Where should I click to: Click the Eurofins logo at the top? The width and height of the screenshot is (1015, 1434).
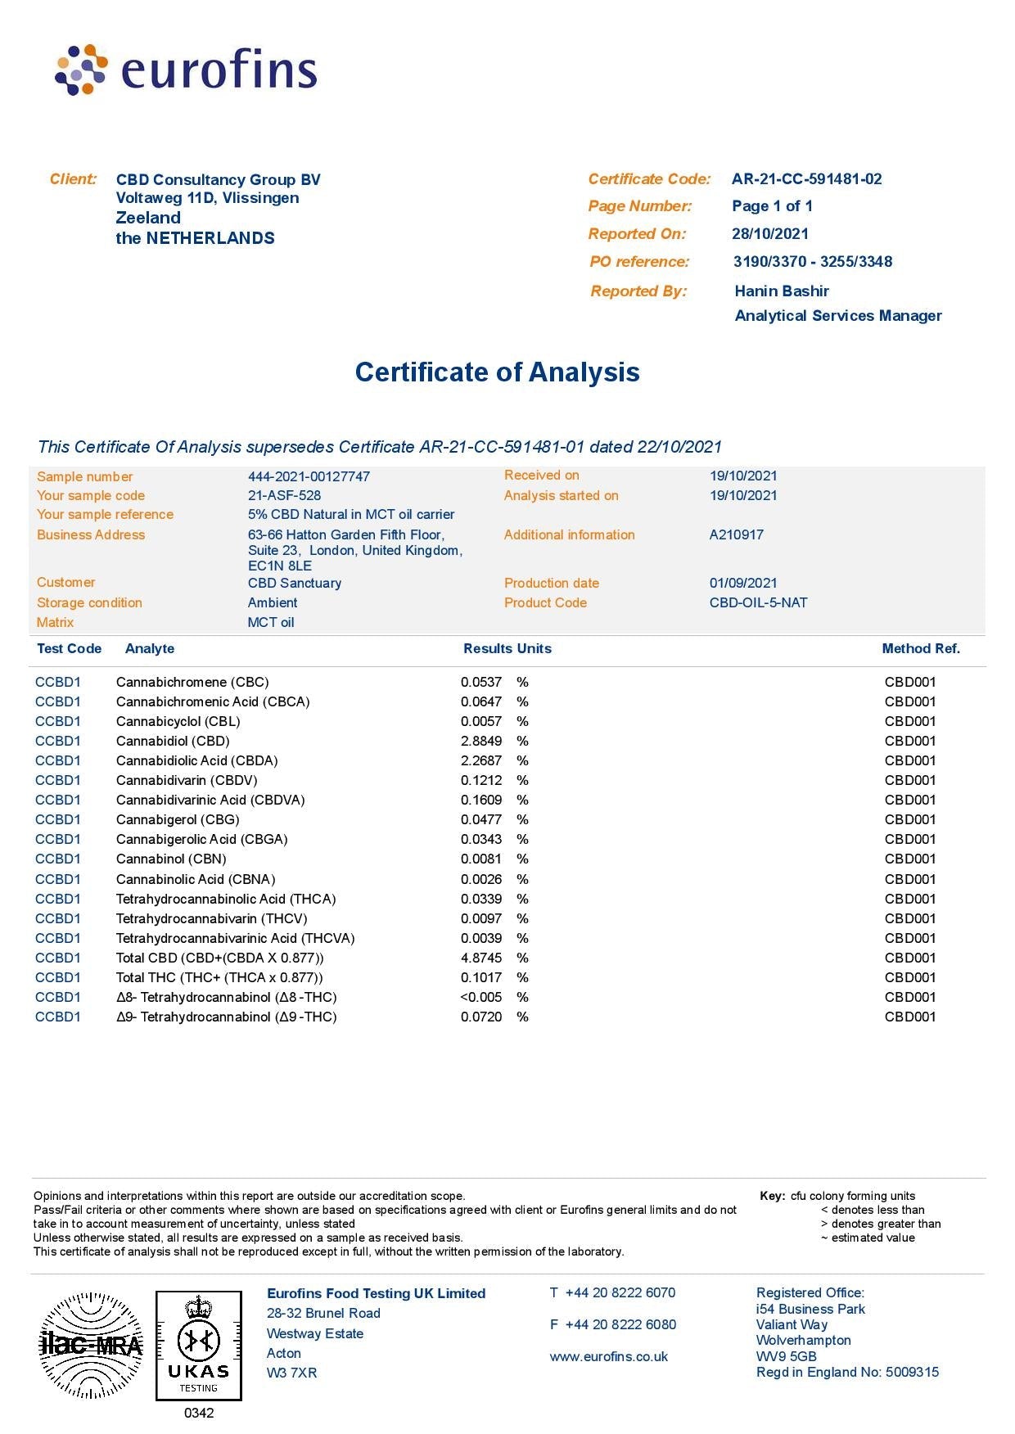[x=186, y=70]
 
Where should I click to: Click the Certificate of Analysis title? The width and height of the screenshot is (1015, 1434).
[x=497, y=372]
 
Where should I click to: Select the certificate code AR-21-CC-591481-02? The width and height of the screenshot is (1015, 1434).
[x=806, y=179]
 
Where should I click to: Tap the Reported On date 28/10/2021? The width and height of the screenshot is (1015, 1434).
[x=769, y=234]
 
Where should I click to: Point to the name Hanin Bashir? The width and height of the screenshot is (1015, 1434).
[x=781, y=291]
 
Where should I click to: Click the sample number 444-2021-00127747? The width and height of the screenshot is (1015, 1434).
[x=309, y=476]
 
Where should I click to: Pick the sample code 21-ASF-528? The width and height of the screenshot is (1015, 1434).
[x=284, y=495]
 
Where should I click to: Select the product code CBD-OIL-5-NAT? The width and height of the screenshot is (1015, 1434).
[x=758, y=602]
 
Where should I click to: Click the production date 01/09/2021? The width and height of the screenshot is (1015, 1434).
[x=742, y=583]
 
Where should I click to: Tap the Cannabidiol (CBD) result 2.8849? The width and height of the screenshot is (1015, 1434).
[x=481, y=741]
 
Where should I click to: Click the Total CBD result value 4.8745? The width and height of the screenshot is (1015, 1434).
[x=481, y=958]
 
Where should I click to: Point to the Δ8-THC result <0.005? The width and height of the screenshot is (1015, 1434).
[x=481, y=997]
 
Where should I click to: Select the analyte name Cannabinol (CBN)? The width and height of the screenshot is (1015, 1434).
[x=171, y=859]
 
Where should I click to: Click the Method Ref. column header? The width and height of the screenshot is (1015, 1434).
[x=920, y=648]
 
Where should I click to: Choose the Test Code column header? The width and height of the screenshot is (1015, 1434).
[x=69, y=648]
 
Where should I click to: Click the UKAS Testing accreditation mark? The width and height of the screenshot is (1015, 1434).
[x=199, y=1346]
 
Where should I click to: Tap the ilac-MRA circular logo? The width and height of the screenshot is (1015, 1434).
[x=91, y=1345]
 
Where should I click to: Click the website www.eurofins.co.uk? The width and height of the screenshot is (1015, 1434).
[x=608, y=1356]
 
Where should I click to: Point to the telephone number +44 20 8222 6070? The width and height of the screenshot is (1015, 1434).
[x=620, y=1292]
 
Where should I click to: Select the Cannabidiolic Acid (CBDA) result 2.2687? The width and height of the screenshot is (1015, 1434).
[x=481, y=760]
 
